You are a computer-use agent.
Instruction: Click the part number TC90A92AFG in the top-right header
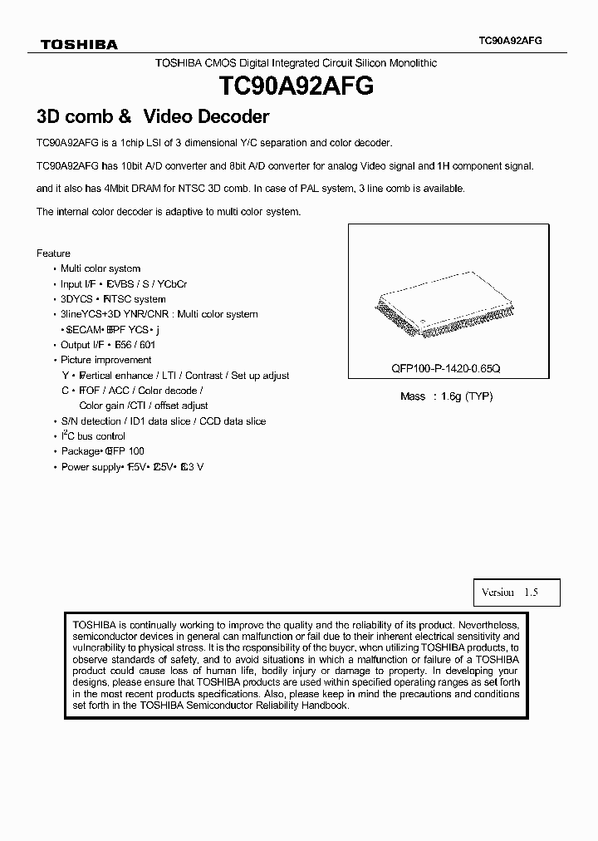click(x=511, y=40)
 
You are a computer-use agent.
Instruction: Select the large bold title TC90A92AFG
click(x=295, y=86)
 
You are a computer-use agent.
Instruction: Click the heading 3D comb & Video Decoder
click(x=153, y=117)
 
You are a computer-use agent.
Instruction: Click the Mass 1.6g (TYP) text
click(x=446, y=396)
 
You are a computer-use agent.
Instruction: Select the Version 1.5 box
click(x=510, y=593)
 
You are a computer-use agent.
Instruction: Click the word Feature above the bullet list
click(x=53, y=253)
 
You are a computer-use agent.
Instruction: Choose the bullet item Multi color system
click(x=100, y=268)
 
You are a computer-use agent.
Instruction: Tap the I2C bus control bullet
click(x=92, y=436)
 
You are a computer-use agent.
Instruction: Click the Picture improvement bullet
click(x=105, y=360)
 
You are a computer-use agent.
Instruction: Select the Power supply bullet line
click(x=131, y=467)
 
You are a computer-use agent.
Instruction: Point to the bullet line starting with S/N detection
click(x=163, y=421)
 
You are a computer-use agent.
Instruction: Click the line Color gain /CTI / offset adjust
click(x=144, y=406)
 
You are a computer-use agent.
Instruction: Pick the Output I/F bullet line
click(x=108, y=345)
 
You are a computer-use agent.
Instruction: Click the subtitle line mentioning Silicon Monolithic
click(x=296, y=63)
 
